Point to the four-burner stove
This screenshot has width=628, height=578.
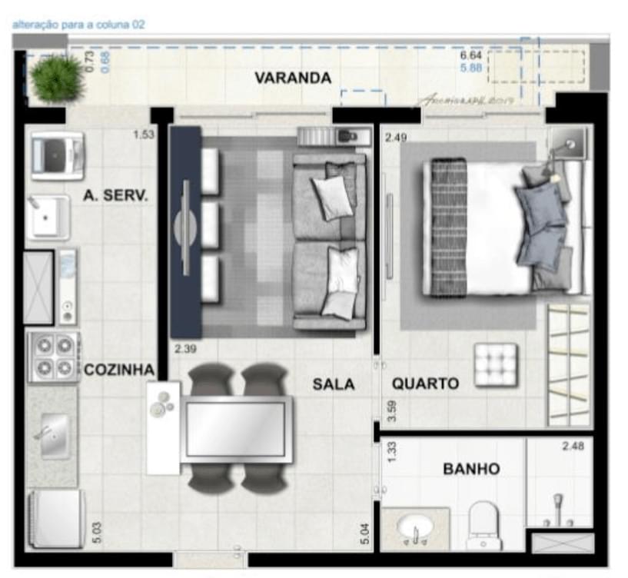click(x=53, y=356)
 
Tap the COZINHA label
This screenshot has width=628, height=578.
click(x=119, y=370)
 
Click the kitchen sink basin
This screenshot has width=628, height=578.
click(x=54, y=436)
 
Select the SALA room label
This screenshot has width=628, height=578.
click(x=334, y=384)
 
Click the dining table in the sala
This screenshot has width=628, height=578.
click(x=236, y=430)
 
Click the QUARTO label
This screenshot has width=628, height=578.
click(x=425, y=384)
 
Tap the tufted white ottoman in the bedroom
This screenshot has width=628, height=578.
click(x=496, y=364)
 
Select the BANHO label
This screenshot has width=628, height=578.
click(x=471, y=468)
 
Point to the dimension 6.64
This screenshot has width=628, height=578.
click(x=470, y=56)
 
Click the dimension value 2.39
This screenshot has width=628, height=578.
click(x=185, y=350)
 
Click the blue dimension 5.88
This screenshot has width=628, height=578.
click(x=470, y=68)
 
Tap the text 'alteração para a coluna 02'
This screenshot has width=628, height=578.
click(x=78, y=25)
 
